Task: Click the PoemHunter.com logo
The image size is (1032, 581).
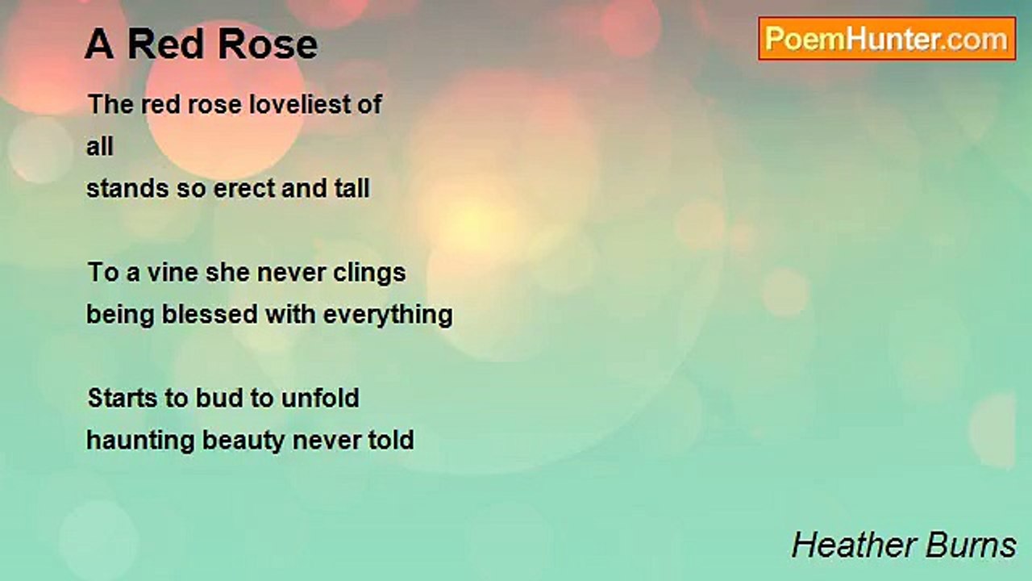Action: coord(887,39)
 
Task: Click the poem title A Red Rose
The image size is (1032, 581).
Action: coord(201,44)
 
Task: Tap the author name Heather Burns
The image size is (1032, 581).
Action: coord(904,545)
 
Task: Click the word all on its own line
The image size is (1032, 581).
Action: coord(100,146)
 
